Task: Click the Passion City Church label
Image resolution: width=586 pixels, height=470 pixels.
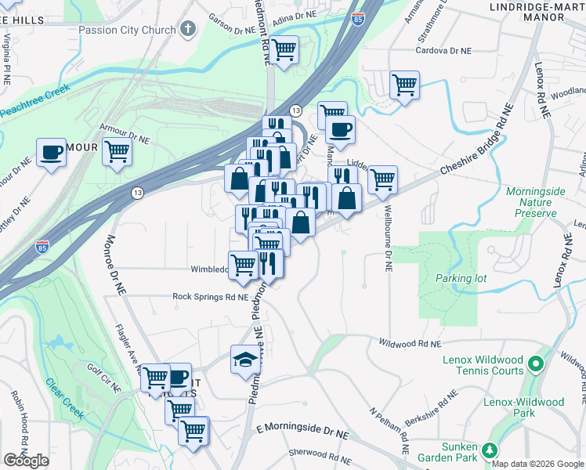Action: point(127,30)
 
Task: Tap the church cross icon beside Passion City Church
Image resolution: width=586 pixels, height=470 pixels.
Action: point(186,30)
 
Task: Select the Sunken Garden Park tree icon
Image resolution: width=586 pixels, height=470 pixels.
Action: point(490,450)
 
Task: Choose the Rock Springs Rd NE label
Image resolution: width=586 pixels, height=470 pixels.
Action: point(210,297)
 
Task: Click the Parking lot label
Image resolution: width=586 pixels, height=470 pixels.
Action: point(461,279)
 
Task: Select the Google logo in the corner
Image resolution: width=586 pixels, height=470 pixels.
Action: point(26,461)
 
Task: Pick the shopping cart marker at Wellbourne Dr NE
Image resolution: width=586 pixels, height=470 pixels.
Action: point(382,179)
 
